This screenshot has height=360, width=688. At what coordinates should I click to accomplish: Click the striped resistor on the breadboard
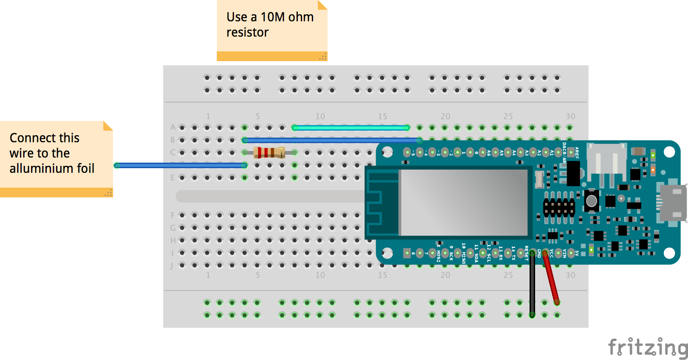coord(269,152)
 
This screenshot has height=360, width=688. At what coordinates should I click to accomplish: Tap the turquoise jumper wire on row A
coord(350,127)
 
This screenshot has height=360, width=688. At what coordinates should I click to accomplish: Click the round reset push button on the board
coord(591,201)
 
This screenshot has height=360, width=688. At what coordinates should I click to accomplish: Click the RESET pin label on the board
coord(526,253)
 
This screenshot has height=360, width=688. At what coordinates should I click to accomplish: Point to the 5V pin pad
coord(571,253)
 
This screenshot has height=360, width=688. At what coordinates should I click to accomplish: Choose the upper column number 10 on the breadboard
coord(320,116)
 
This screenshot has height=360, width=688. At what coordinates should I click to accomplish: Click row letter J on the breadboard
coord(172,265)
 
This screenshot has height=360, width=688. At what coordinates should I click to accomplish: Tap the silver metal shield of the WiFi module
coord(463,202)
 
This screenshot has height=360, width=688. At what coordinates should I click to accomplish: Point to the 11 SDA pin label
coord(476,253)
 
